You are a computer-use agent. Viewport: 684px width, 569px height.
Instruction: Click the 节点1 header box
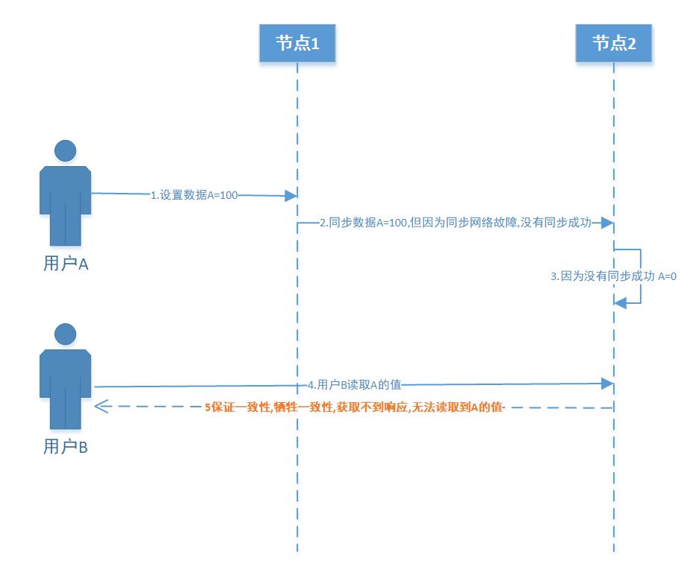[297, 43]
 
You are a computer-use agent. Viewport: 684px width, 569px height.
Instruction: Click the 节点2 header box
[614, 43]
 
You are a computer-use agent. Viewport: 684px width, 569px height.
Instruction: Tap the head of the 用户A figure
[66, 151]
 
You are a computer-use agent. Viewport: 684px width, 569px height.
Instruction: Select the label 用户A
[66, 264]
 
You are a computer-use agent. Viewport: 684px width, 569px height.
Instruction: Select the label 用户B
[66, 447]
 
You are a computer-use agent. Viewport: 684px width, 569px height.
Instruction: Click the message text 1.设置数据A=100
[194, 195]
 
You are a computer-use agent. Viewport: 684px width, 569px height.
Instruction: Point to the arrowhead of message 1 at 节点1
[291, 196]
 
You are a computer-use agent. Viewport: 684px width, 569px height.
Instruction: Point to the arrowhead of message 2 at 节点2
[608, 223]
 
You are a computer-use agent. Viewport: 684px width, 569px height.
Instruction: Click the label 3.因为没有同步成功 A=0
[612, 276]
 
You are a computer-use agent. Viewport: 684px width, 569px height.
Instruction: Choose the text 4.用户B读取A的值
[355, 385]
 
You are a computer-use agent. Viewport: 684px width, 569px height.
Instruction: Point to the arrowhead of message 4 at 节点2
[608, 383]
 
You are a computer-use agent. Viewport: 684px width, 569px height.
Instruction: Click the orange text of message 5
[354, 407]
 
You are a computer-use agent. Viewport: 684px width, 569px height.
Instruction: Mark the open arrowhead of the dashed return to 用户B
[101, 407]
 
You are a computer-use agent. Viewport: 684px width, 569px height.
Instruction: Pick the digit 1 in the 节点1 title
[315, 43]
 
